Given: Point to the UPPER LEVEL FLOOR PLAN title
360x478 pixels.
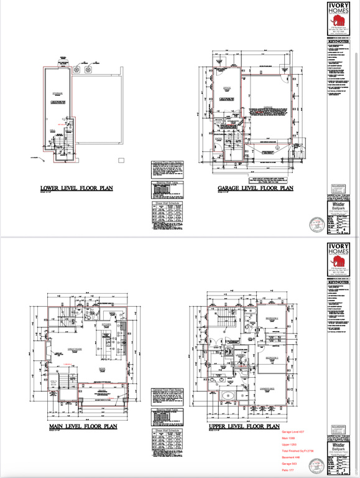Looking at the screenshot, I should [244, 427].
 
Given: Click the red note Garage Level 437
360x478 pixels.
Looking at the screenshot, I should [293, 431].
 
